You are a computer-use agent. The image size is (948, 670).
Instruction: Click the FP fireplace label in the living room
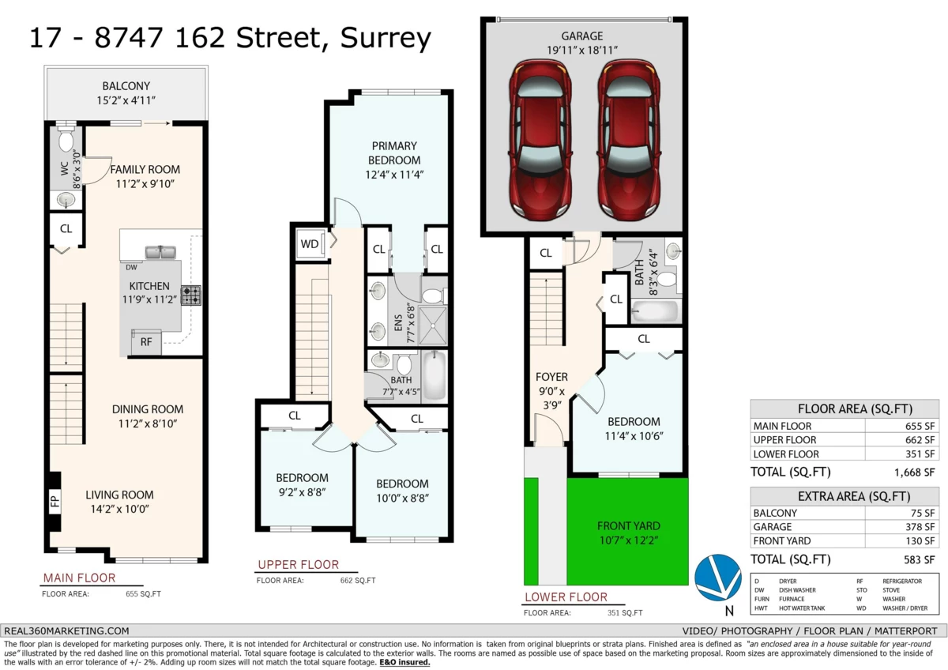click(x=55, y=501)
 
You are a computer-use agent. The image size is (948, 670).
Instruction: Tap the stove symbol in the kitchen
click(x=191, y=295)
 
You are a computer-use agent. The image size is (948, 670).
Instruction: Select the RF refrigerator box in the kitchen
click(x=146, y=342)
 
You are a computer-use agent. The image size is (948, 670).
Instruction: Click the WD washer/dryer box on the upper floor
click(x=310, y=244)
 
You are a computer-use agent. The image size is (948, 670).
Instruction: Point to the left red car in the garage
click(x=540, y=140)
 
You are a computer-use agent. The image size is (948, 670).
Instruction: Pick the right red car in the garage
click(x=629, y=140)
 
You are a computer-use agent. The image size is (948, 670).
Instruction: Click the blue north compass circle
click(x=718, y=578)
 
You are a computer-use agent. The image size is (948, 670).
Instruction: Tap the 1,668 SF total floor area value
click(x=914, y=472)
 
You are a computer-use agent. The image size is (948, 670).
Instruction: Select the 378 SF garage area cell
click(x=902, y=527)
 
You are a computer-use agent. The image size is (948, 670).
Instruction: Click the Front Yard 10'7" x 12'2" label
click(x=629, y=533)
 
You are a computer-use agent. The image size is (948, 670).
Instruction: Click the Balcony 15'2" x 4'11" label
click(x=126, y=93)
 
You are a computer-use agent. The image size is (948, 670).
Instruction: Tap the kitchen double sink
click(x=160, y=252)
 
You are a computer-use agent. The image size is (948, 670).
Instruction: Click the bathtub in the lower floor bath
click(x=654, y=312)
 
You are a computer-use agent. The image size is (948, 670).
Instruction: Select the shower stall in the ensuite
click(x=434, y=325)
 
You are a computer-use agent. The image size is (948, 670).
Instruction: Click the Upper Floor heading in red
click(x=299, y=565)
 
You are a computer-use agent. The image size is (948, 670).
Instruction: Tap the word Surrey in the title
click(x=386, y=39)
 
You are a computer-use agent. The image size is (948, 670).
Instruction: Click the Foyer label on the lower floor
click(x=551, y=377)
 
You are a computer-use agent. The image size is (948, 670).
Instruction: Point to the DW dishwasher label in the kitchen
click(x=131, y=268)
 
